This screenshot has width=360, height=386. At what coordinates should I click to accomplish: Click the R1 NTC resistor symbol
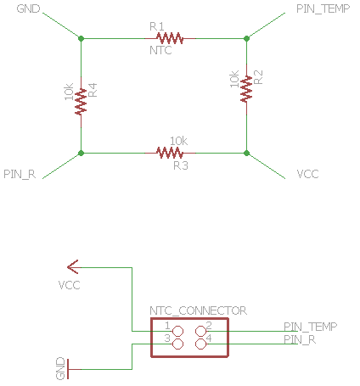pos(170,38)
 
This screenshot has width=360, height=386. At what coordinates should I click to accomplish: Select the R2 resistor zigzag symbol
pos(246,89)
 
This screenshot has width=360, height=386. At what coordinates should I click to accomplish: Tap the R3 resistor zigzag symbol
pos(170,153)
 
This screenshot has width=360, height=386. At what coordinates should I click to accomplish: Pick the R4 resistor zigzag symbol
pos(81,102)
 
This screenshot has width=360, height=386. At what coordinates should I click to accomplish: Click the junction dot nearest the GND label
pos(81,38)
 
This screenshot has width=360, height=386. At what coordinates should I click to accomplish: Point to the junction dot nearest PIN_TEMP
pos(246,38)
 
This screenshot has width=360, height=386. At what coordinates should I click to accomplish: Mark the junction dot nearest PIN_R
pos(81,153)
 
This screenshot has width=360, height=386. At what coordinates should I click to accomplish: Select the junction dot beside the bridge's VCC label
pos(246,153)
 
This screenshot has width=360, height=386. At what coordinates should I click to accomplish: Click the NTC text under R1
pos(160,50)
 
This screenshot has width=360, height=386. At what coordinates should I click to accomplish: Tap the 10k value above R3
pos(178,141)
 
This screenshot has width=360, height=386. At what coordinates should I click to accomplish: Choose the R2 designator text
pos(258,77)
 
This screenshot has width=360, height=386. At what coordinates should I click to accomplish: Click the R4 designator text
pos(93,90)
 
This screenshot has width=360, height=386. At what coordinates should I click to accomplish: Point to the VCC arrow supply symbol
pos(74,267)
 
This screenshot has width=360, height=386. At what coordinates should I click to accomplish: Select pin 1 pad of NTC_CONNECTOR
pos(177,331)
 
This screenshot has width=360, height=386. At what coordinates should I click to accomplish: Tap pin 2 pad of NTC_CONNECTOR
pos(201,331)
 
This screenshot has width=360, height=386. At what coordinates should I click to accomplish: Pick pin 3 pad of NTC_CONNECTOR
pos(177,344)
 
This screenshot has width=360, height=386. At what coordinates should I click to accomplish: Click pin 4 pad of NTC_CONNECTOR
pos(201,344)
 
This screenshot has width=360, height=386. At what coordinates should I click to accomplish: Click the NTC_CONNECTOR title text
pos(198,310)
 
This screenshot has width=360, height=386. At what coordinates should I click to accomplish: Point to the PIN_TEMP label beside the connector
pos(311,327)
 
